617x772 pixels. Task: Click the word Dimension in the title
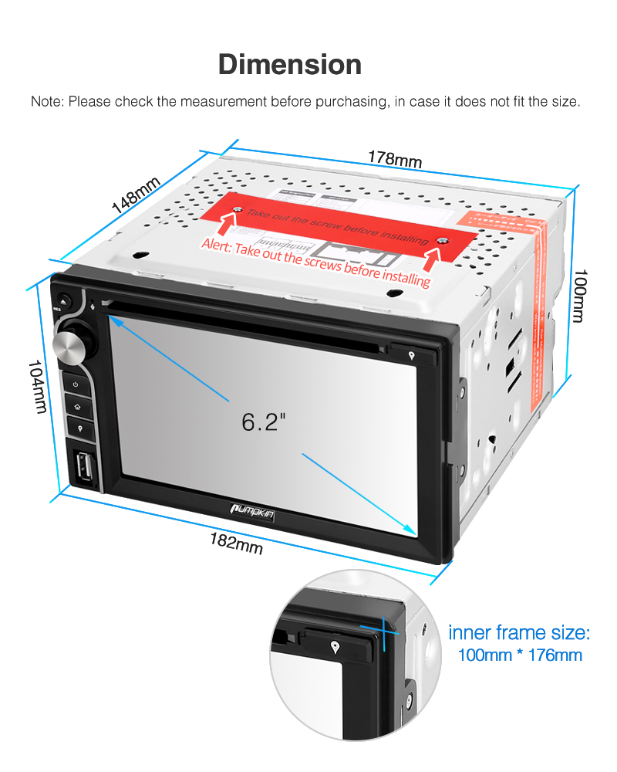pos(289,64)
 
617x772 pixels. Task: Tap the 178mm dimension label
pos(394,158)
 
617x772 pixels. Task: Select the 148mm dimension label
pos(136,196)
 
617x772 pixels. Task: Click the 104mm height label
pos(35,386)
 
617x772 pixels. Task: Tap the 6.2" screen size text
pos(263,422)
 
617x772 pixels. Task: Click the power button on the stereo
pos(75,384)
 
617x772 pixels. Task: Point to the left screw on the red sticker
pos(238,210)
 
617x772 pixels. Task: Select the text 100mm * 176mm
pos(519,655)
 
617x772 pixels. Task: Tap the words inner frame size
pos(519,633)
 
